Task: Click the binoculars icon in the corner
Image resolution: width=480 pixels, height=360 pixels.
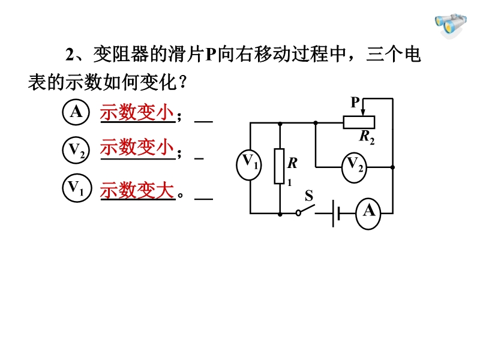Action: click(451, 26)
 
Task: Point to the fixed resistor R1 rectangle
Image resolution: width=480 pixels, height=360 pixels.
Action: click(279, 166)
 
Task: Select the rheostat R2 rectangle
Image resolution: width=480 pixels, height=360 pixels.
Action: click(359, 122)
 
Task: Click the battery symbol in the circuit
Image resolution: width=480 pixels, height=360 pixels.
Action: click(336, 214)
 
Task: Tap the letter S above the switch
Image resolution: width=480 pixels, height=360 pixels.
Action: click(309, 196)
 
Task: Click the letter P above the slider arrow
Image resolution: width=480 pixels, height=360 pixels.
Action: click(355, 102)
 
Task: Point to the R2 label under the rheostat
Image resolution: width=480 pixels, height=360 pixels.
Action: click(367, 137)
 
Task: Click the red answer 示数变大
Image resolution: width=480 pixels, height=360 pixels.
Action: click(137, 190)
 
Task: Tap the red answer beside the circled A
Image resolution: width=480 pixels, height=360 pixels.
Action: click(137, 112)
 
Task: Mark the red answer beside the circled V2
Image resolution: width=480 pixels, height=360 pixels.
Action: click(137, 147)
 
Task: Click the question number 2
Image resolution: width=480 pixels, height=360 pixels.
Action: click(70, 55)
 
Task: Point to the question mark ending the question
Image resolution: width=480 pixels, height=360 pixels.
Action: click(184, 82)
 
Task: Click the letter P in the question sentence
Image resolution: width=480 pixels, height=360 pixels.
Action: click(211, 55)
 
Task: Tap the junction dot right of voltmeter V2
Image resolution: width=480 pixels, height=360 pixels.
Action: click(393, 167)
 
